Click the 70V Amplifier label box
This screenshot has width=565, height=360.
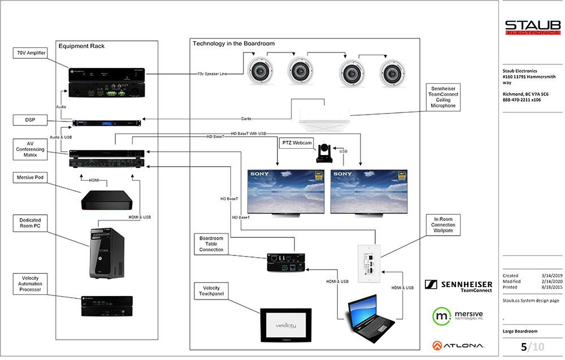(30, 53)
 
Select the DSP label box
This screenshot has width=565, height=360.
(30, 120)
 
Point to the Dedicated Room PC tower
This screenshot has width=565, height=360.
(106, 254)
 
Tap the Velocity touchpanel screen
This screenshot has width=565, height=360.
(285, 325)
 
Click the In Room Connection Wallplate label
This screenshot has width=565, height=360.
(443, 225)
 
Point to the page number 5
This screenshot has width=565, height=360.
(524, 347)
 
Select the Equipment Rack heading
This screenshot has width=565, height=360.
(81, 46)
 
